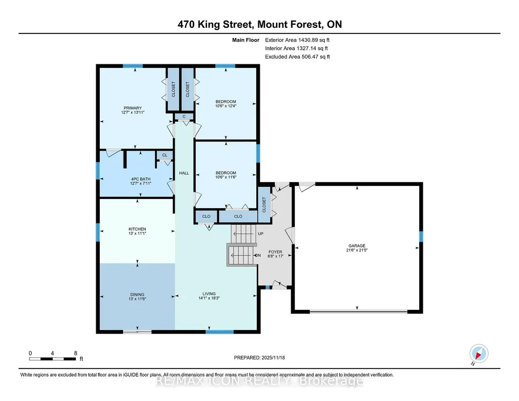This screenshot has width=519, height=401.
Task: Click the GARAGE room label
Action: pyautogui.click(x=357, y=248)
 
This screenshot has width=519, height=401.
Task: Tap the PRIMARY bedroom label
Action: pyautogui.click(x=133, y=110)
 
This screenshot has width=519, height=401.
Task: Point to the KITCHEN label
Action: pyautogui.click(x=137, y=231)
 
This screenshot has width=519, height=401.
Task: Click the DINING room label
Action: pyautogui.click(x=137, y=297)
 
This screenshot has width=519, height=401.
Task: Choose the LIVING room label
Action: pyautogui.click(x=209, y=296)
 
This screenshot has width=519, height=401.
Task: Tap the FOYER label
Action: pyautogui.click(x=275, y=254)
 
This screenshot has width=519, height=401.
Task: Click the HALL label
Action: pyautogui.click(x=184, y=173)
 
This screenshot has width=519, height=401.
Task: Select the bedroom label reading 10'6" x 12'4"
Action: pyautogui.click(x=226, y=104)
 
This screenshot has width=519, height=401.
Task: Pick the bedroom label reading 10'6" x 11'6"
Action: pyautogui.click(x=226, y=175)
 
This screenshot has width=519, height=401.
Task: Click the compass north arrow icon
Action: pyautogui.click(x=478, y=354)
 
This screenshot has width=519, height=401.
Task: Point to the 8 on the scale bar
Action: pyautogui.click(x=76, y=353)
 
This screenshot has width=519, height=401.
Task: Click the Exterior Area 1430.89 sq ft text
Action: pyautogui.click(x=297, y=40)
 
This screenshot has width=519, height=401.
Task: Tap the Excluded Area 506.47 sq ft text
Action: pyautogui.click(x=297, y=57)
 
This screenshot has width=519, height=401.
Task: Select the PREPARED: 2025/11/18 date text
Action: pyautogui.click(x=259, y=357)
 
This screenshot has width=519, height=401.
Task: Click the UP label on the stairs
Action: pyautogui.click(x=260, y=233)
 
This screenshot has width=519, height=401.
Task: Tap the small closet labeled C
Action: pyautogui.click(x=184, y=116)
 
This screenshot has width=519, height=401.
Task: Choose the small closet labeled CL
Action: pyautogui.click(x=165, y=155)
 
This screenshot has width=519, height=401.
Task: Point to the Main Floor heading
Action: pyautogui.click(x=246, y=40)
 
